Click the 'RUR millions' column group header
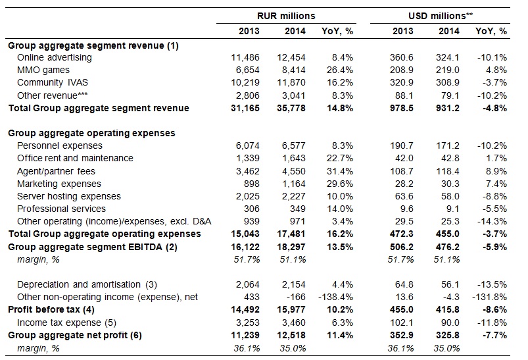coord(286,16)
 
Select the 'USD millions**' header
coord(441,16)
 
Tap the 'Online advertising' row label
coord(55,58)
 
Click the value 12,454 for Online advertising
coord(291,58)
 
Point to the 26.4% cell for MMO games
coord(340,70)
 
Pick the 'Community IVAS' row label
coord(53,82)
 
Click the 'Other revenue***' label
coord(53,95)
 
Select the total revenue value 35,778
coord(291,108)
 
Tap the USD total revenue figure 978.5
coord(402,108)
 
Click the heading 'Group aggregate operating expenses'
coord(91,133)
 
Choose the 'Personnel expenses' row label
coord(60,145)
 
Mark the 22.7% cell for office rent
coord(340,158)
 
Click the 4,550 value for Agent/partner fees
coord(294,171)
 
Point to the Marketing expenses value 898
coord(252,184)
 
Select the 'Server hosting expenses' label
coord(69,196)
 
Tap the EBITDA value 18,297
coord(291,247)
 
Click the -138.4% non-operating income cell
coord(336,297)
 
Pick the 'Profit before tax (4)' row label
coord(51,309)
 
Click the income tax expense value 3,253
coord(247,322)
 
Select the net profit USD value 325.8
coord(448,336)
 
